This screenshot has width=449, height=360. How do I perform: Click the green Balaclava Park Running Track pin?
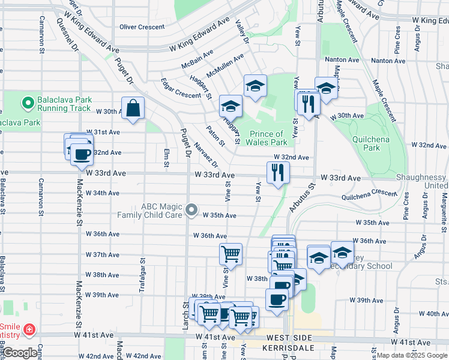(x=27, y=103)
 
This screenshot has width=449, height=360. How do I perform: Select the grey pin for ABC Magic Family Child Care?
(x=191, y=210)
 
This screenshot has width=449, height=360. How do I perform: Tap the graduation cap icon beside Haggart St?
(x=230, y=106)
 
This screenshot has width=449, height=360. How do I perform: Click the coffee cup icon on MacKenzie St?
(x=81, y=154)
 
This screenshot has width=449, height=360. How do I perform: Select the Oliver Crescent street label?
(x=142, y=27)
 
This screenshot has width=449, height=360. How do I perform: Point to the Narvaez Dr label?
(x=206, y=155)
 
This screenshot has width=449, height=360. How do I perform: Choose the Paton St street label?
(x=215, y=135)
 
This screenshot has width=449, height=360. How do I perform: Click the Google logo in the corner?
(x=19, y=353)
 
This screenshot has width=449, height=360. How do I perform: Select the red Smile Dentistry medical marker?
(x=28, y=329)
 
